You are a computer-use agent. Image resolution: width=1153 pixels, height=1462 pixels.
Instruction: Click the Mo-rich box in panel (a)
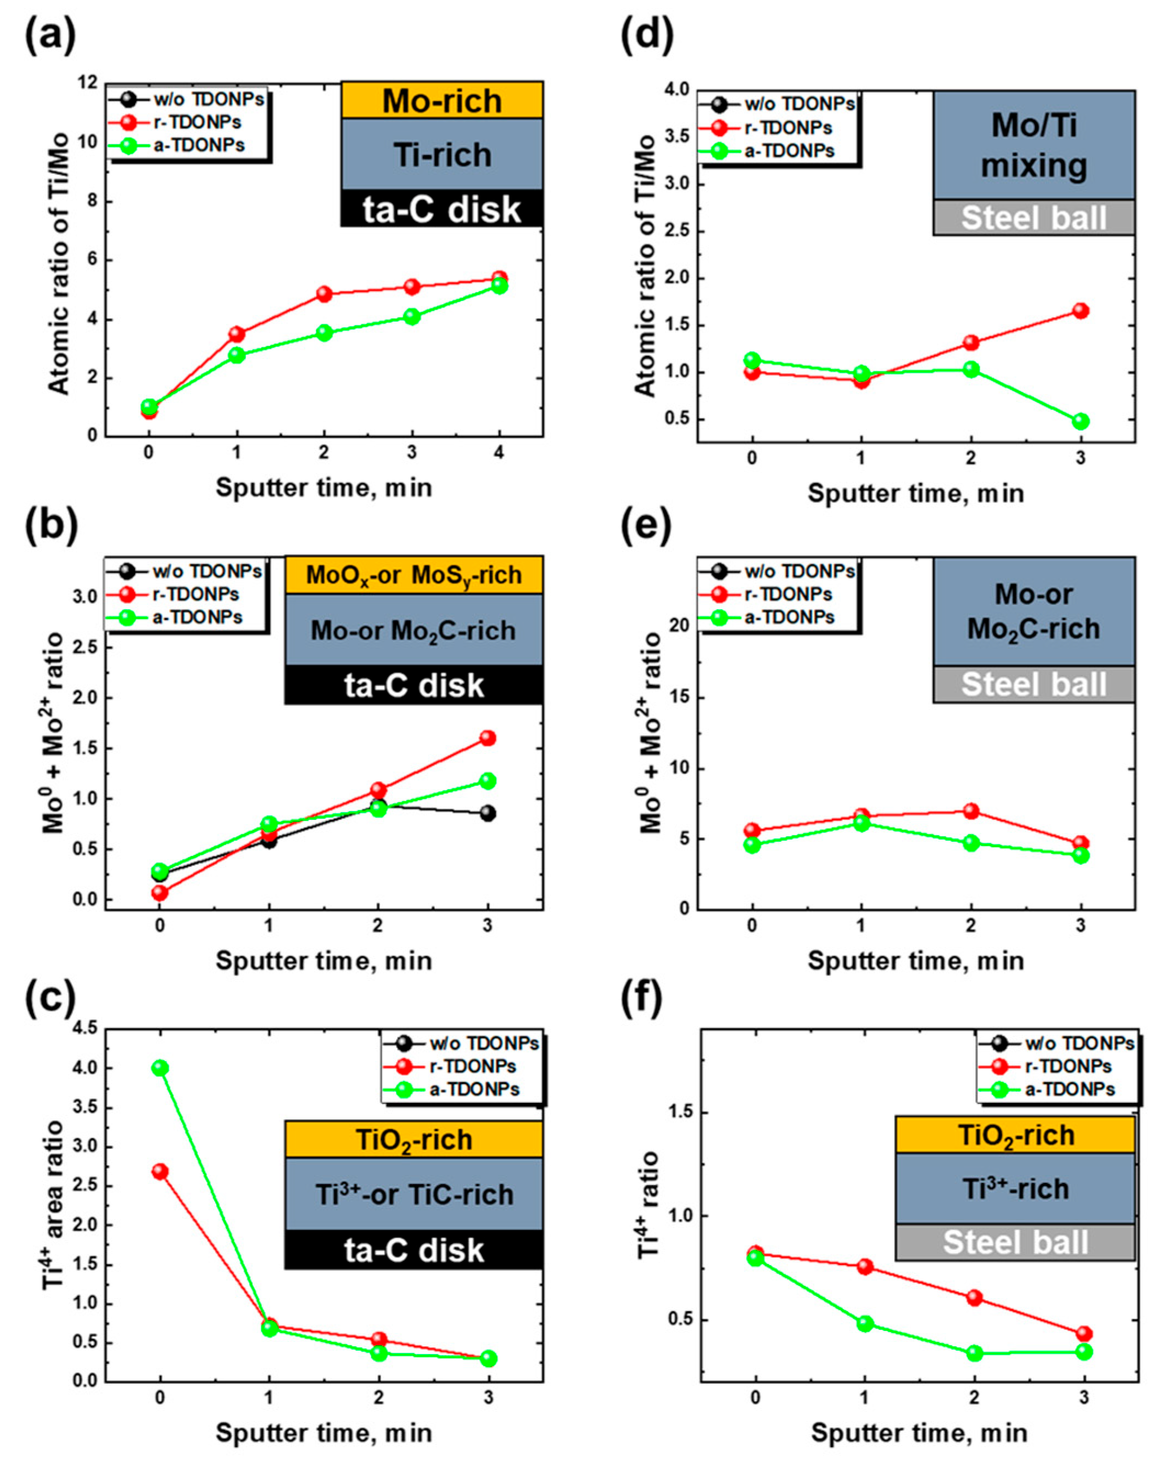coord(442,100)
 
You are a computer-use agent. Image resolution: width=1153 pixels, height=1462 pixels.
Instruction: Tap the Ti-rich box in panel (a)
coord(442,155)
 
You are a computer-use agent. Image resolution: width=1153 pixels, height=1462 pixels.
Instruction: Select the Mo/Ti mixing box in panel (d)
coord(1033,145)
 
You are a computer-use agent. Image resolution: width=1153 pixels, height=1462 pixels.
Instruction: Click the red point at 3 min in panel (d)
coord(1081,310)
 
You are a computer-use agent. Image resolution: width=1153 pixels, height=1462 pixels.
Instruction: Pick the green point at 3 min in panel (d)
coord(1081,421)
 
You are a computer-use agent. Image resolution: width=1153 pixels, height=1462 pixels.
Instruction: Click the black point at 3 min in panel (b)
coord(488,813)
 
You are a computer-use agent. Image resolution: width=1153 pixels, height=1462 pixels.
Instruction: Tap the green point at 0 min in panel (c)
coord(160,1068)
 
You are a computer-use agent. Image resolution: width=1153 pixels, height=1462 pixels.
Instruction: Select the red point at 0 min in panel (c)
coord(160,1171)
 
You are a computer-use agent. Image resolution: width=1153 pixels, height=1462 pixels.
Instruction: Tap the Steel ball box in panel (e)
coord(1033,684)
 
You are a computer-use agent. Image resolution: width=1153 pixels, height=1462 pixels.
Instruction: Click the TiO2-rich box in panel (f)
coord(1015,1135)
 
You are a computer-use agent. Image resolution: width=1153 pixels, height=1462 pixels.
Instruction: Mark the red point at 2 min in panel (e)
coord(971,811)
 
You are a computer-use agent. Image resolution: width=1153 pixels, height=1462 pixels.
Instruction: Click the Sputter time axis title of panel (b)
coord(324,961)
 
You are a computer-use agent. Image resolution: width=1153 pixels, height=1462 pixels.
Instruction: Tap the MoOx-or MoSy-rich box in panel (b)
coord(414,575)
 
